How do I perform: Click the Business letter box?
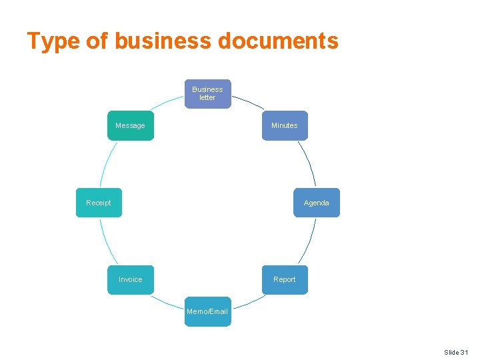point(207,94)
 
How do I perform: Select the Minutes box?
point(285,125)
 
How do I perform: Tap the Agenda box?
point(316,203)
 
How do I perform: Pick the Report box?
point(285,279)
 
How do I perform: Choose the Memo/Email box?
point(207,311)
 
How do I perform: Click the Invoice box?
point(131,279)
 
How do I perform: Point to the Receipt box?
point(99,203)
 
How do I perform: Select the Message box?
point(130,125)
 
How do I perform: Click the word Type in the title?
point(53,41)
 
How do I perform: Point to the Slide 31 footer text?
point(456,352)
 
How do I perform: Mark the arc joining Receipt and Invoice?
point(108,241)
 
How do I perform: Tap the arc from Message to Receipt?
point(108,162)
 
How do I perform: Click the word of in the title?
point(97,41)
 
